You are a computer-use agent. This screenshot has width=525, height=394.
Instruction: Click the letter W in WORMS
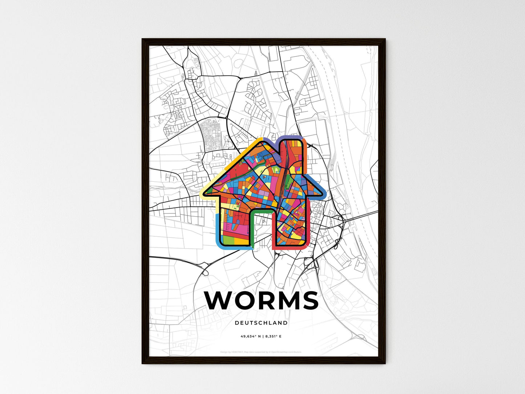[220, 300]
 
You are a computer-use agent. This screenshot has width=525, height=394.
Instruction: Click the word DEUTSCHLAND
[261, 323]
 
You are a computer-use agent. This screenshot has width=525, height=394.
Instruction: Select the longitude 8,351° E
[273, 336]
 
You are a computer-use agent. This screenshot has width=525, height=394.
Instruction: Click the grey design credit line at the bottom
[261, 352]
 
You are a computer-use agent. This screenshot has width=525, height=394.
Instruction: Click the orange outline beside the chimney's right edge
[306, 153]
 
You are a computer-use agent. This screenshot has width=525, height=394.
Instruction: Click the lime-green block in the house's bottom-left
[227, 240]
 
